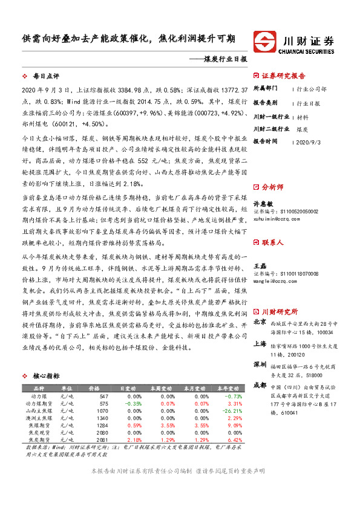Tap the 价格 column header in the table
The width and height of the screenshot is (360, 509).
click(x=94, y=387)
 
